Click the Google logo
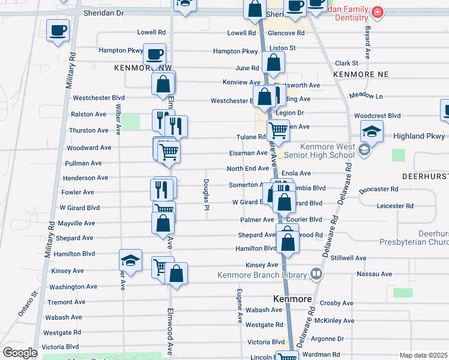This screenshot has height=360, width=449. click(x=20, y=353)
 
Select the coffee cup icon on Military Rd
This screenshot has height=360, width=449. click(x=58, y=31)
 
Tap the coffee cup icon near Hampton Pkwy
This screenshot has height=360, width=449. click(x=154, y=55)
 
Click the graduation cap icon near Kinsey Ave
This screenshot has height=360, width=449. click(x=130, y=261)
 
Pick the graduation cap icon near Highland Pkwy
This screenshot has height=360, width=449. click(x=372, y=131)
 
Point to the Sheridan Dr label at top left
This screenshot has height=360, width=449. click(x=103, y=12)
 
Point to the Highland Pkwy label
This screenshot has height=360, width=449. click(x=417, y=136)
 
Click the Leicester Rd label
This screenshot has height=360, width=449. click(x=395, y=206)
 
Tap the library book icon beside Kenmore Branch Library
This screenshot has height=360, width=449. click(x=316, y=274)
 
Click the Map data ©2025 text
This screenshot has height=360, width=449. click(x=423, y=355)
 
